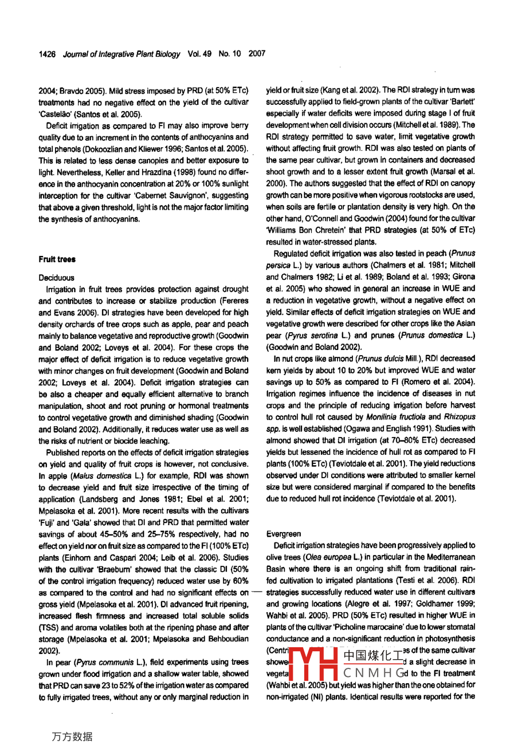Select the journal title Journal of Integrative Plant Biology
[121, 54]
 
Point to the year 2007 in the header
[257, 54]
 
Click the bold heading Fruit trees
[57, 259]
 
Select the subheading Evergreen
[284, 534]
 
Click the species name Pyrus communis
[103, 662]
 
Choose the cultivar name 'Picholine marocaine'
[378, 627]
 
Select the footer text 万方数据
[72, 737]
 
